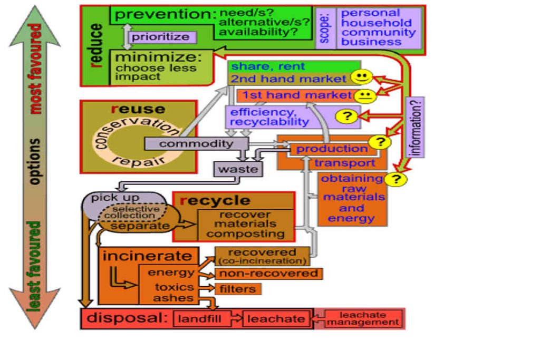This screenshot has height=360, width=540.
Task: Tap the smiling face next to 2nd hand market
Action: click(361, 78)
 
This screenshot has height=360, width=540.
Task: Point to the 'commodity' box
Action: click(196, 143)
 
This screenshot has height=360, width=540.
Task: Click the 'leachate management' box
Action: click(362, 319)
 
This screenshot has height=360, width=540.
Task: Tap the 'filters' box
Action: click(238, 289)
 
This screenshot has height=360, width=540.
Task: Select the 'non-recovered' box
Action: click(268, 274)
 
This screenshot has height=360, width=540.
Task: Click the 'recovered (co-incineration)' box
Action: click(262, 256)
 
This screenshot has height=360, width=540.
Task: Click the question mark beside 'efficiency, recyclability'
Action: click(346, 116)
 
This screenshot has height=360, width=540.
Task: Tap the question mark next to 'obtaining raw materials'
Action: click(396, 179)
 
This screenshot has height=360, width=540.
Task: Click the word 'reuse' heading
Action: click(138, 109)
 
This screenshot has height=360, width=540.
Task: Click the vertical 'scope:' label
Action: click(325, 29)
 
